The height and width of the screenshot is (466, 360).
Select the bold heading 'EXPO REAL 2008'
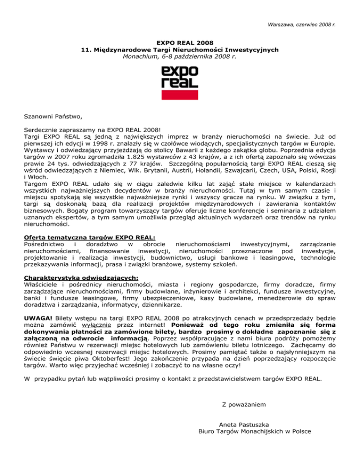(x=180, y=42)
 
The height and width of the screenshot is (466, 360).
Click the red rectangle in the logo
(x=180, y=95)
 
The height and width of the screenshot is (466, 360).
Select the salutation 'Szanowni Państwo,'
(x=52, y=113)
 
